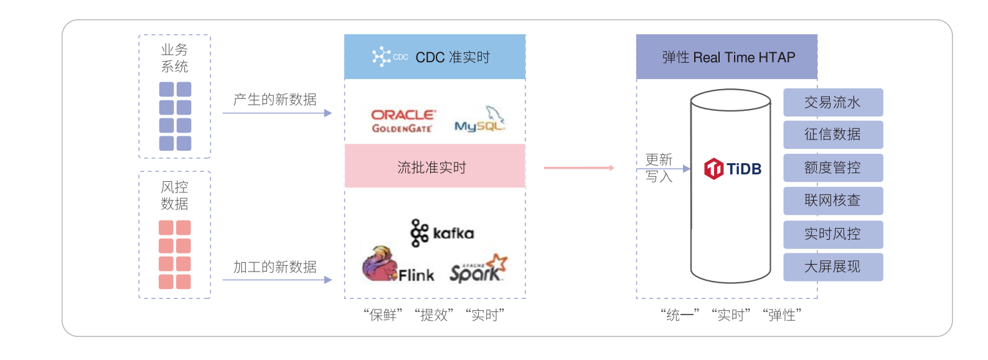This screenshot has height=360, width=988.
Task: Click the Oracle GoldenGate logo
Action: click(403, 121)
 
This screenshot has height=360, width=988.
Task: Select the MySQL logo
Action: click(479, 120)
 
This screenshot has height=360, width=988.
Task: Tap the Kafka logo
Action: click(442, 233)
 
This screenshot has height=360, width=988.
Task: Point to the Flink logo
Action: click(398, 266)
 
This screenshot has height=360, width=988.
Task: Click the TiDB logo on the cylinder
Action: click(733, 169)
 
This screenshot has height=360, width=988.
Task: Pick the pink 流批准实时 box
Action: click(435, 166)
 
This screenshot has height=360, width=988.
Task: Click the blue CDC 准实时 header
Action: click(435, 57)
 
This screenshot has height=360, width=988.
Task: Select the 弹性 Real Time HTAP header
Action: click(727, 57)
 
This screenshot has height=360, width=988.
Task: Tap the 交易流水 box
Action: click(832, 103)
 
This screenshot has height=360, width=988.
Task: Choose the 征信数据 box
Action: click(832, 135)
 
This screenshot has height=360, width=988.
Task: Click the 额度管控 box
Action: click(832, 168)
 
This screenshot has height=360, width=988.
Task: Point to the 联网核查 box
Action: click(832, 201)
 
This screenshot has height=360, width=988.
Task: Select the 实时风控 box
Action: click(832, 234)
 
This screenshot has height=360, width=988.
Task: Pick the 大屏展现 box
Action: click(832, 267)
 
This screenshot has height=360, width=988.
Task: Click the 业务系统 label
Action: click(174, 58)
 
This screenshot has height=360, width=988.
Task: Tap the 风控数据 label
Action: click(174, 196)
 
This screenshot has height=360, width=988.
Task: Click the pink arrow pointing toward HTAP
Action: click(579, 168)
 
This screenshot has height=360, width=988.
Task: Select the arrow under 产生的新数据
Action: click(277, 113)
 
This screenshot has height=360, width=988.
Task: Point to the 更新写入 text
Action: click(659, 168)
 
